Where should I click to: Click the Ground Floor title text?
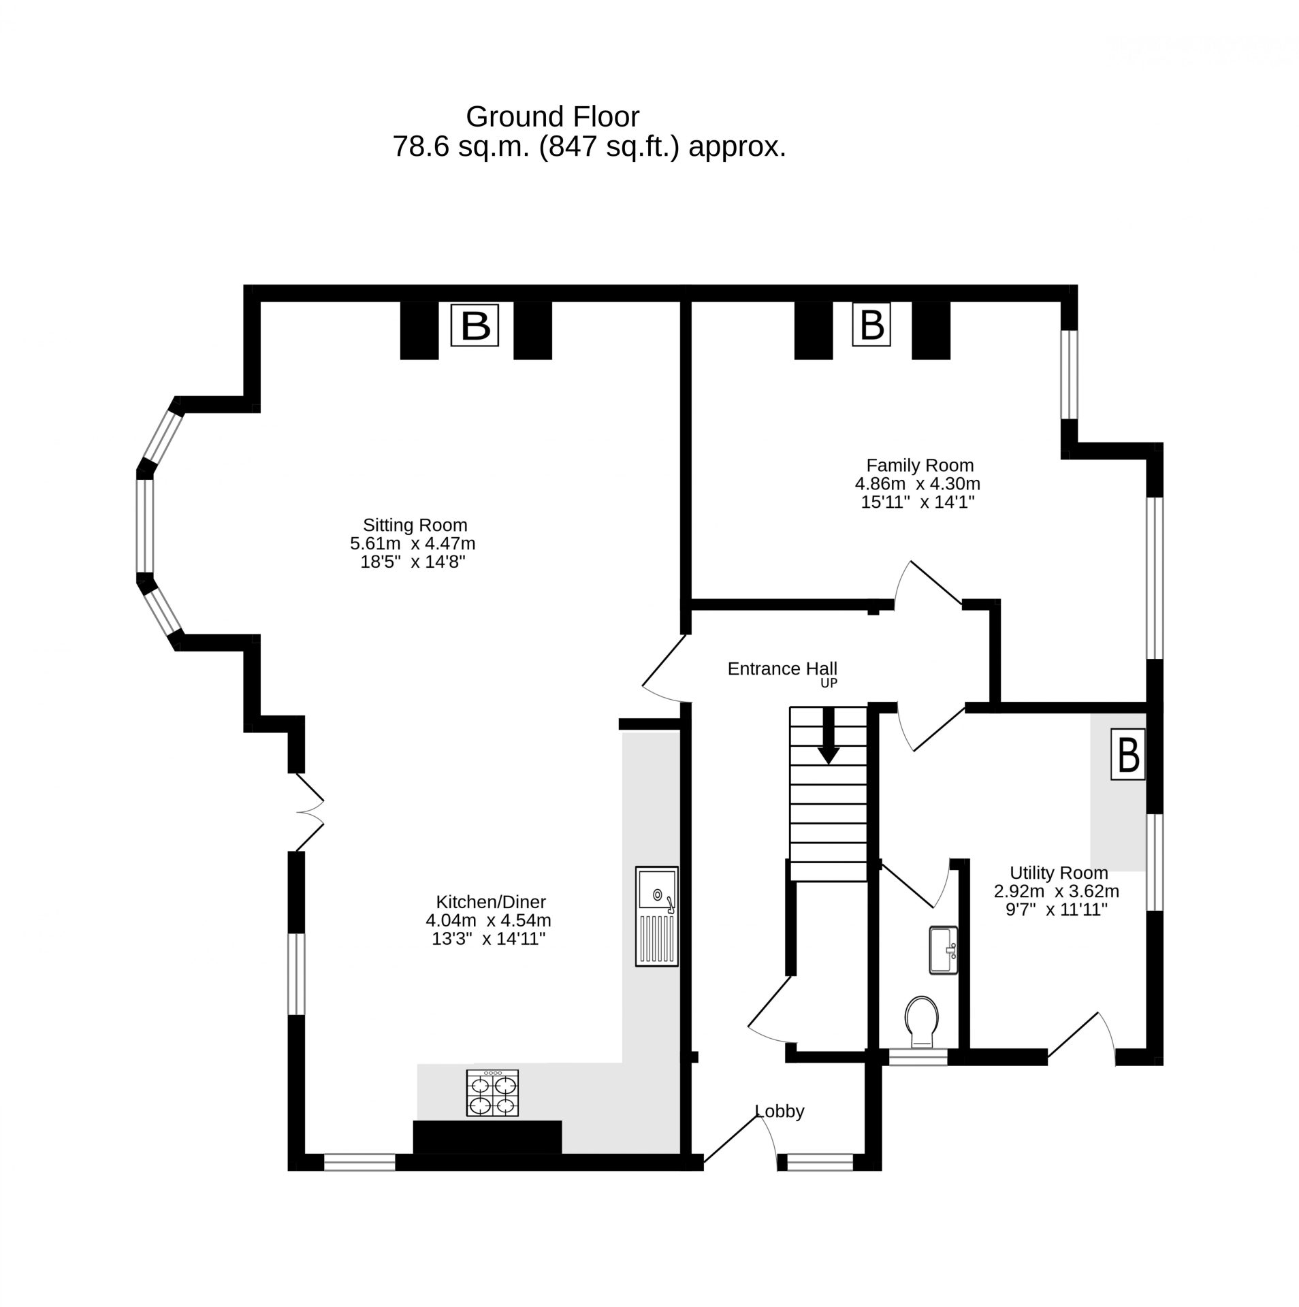click(552, 117)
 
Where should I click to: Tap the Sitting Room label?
click(415, 526)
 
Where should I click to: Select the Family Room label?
click(920, 466)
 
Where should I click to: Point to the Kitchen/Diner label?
click(491, 903)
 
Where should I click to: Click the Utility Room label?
click(1059, 873)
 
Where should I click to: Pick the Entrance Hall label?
click(782, 669)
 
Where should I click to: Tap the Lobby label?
click(780, 1111)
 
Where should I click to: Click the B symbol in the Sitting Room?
click(475, 326)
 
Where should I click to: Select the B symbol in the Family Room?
click(872, 325)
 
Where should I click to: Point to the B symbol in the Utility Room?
click(1128, 754)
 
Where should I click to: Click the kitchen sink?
click(657, 916)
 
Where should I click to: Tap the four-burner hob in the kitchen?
click(492, 1093)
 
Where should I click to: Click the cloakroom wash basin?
click(944, 950)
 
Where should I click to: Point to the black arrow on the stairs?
click(829, 736)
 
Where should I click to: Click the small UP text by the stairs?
click(829, 683)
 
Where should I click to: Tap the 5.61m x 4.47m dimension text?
click(413, 544)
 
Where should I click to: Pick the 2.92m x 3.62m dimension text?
click(1057, 892)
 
